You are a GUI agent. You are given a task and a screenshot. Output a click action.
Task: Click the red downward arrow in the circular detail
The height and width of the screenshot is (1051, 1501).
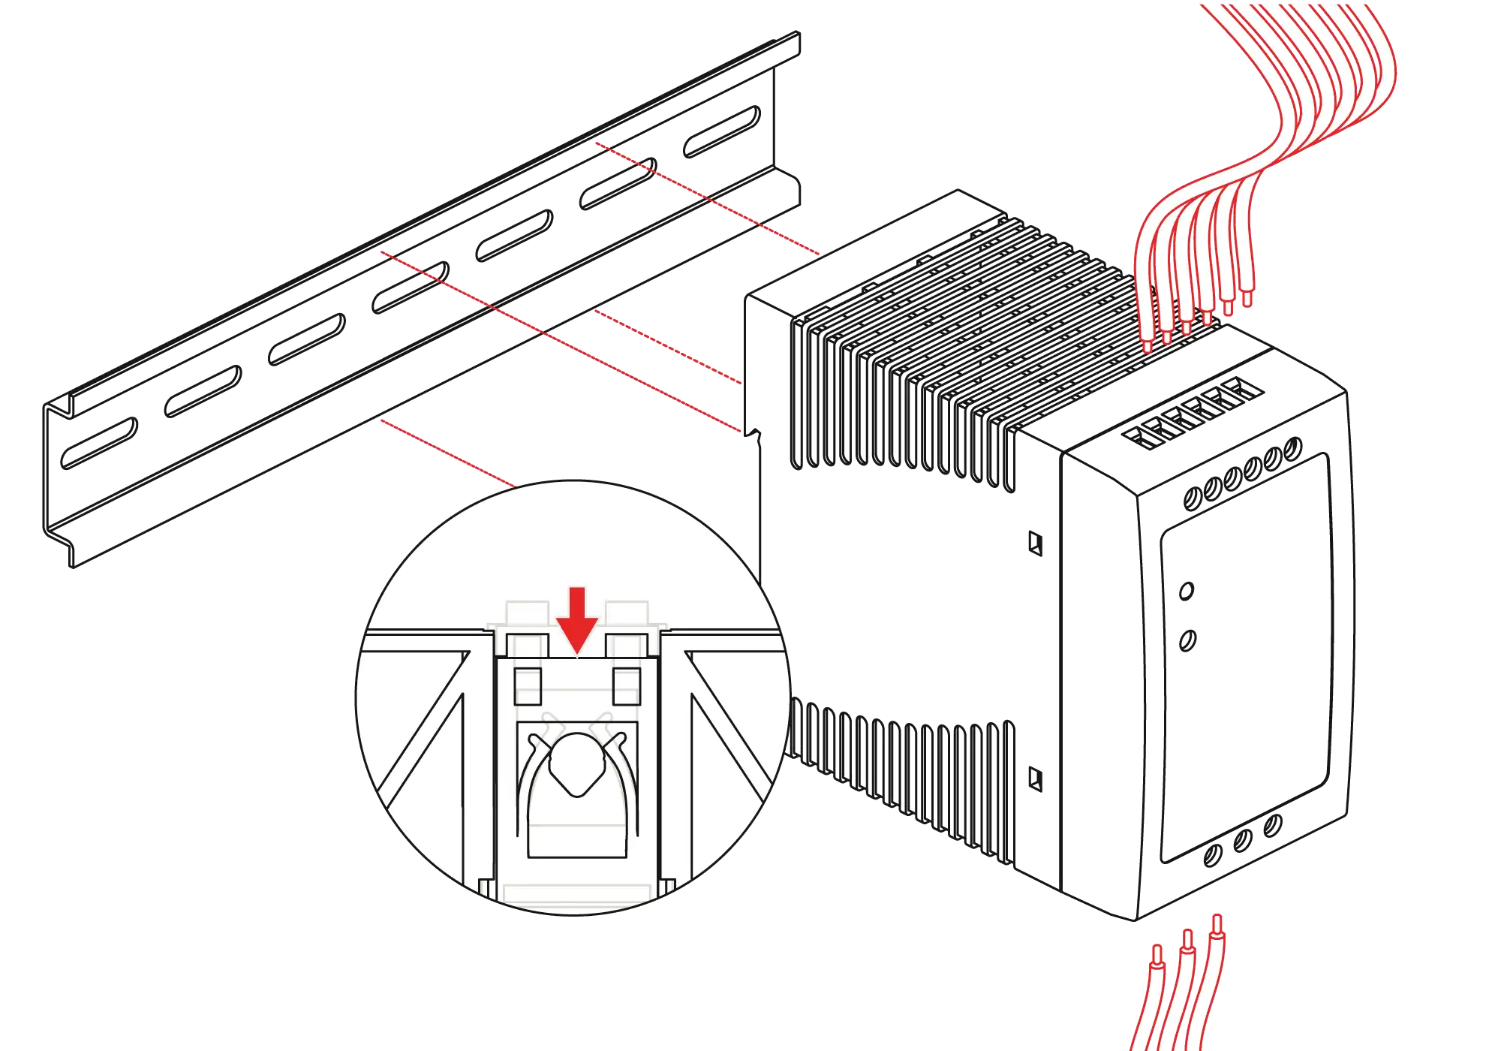576,620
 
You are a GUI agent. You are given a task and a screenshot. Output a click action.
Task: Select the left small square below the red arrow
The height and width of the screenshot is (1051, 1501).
528,685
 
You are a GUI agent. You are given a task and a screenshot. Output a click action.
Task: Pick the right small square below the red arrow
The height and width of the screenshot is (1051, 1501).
627,685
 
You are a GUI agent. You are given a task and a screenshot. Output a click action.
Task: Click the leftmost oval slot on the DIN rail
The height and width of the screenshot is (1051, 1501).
99,443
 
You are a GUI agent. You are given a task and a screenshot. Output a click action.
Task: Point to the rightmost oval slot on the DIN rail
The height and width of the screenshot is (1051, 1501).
721,131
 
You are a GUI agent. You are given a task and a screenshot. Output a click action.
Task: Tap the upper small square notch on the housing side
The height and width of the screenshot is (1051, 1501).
1036,543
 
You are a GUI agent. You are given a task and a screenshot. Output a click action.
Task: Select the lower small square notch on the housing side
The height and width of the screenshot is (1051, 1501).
1036,778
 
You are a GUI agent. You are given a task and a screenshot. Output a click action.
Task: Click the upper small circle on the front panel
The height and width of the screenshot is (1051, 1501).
1186,591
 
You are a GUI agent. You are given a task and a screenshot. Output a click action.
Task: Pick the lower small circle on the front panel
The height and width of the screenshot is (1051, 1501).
1188,640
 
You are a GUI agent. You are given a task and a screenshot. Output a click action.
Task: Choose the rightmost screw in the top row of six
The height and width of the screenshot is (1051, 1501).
1292,449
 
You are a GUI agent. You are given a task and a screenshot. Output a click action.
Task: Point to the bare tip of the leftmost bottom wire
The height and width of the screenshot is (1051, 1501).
1157,956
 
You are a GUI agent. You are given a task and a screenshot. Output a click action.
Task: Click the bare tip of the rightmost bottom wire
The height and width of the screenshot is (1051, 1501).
1217,925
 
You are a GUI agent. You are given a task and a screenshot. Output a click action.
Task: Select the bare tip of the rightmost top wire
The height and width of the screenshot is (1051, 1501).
1247,297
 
